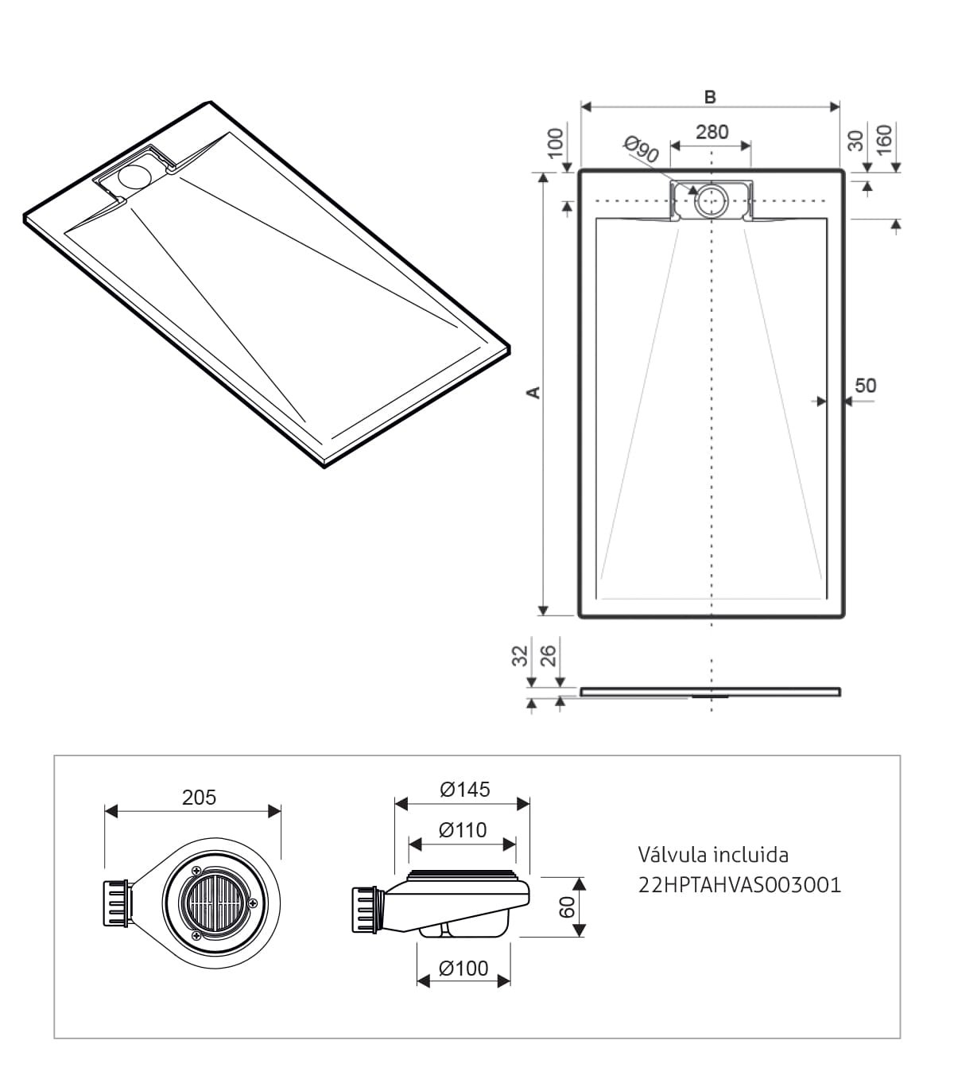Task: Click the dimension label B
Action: click(710, 97)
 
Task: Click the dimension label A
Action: click(533, 393)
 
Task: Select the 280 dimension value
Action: click(712, 132)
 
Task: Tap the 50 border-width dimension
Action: click(866, 386)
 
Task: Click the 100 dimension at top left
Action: click(556, 143)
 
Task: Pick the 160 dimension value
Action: click(884, 140)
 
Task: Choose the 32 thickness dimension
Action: click(520, 656)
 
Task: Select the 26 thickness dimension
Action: click(549, 656)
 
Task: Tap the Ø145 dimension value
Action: click(465, 789)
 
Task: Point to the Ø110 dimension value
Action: click(463, 829)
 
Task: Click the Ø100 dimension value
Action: click(463, 968)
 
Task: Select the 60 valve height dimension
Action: click(567, 907)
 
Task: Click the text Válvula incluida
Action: click(713, 855)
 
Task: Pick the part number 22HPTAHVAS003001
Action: click(740, 885)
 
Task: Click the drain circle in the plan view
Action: click(711, 200)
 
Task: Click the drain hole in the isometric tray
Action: click(135, 176)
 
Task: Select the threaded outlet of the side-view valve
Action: click(366, 910)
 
